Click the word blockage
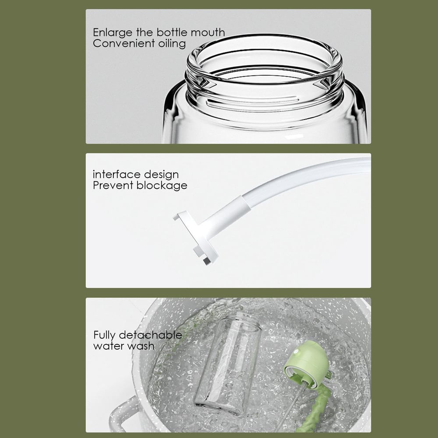pyautogui.click(x=162, y=186)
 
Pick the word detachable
pyautogui.click(x=152, y=335)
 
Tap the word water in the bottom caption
pyautogui.click(x=109, y=346)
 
